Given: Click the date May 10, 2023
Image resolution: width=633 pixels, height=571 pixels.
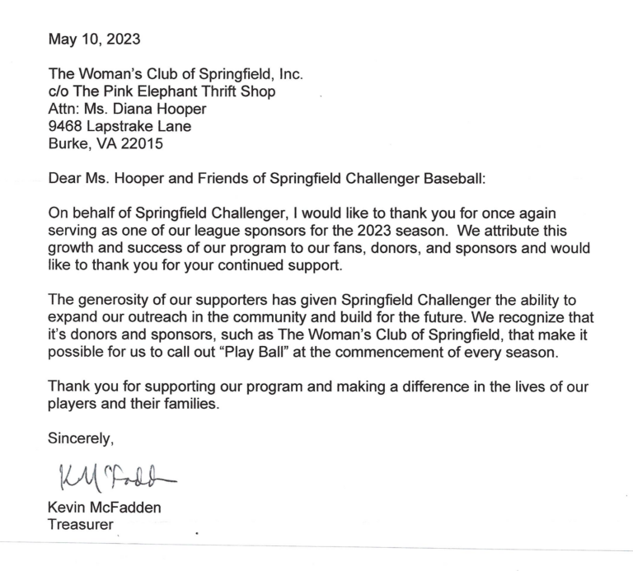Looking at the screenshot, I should click(x=94, y=38).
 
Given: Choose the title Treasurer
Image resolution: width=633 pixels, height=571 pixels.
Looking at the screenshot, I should click(x=81, y=524).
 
